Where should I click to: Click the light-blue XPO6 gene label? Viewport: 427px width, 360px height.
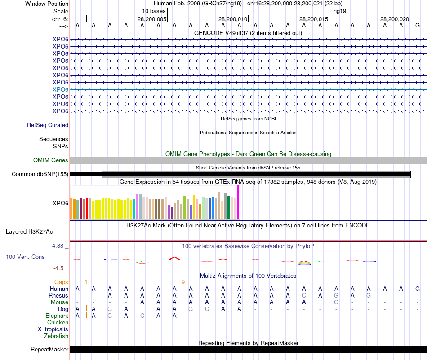[x=60, y=89]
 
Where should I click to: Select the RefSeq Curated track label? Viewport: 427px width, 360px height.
[x=48, y=125]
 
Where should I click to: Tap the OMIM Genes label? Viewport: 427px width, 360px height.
[x=51, y=160]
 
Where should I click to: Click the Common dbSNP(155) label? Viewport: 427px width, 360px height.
[x=40, y=174]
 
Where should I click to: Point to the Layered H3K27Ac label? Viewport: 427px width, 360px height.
[x=29, y=232]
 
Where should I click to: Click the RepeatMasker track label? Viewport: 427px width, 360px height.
[x=49, y=349]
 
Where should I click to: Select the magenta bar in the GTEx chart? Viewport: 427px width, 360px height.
[x=238, y=202]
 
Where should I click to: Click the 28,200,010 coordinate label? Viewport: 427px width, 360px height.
[x=232, y=19]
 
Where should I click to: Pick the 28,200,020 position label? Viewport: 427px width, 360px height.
[x=394, y=19]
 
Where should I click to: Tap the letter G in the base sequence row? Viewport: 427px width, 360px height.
[x=418, y=26]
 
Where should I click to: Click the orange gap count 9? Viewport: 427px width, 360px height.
[x=183, y=282]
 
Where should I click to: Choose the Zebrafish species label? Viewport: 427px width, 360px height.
[x=56, y=336]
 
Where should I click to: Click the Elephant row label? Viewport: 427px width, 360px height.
[x=57, y=316]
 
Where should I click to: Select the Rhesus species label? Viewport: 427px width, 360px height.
[x=58, y=296]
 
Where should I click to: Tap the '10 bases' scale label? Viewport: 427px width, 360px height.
[x=154, y=10]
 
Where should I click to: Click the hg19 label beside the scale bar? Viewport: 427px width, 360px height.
[x=339, y=10]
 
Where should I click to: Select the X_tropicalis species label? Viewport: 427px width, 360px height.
[x=53, y=329]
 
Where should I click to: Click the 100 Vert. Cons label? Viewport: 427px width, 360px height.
[x=25, y=257]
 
